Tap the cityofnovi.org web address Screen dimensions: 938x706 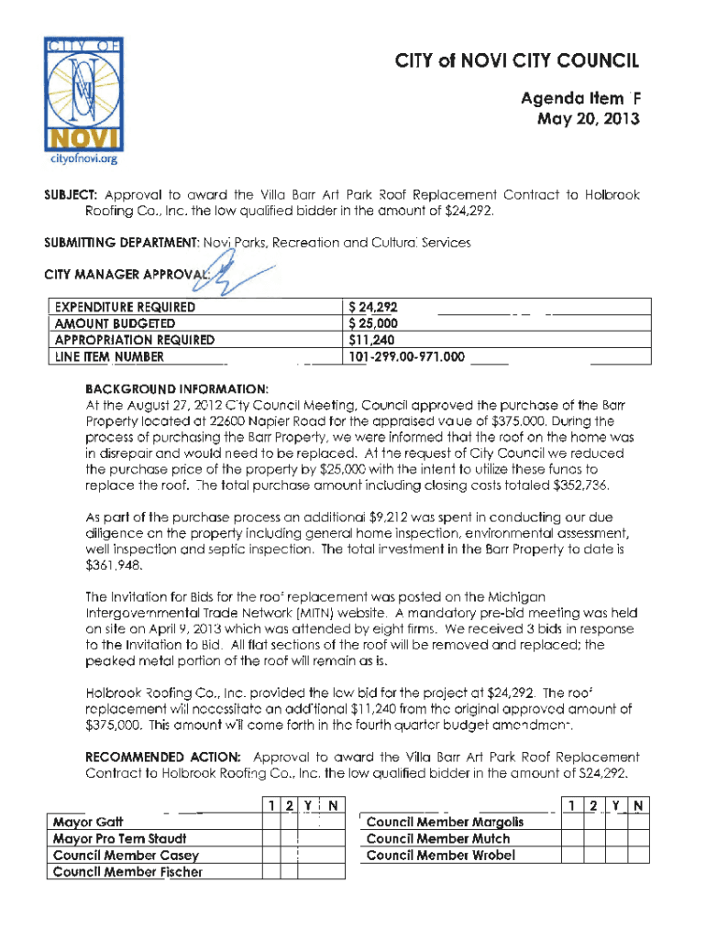coord(82,159)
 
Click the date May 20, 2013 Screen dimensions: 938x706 coord(588,120)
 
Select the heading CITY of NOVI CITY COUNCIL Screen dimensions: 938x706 coord(516,62)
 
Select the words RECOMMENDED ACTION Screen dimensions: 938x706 coord(163,757)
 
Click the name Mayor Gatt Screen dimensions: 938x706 coord(89,822)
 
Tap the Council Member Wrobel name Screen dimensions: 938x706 coord(440,855)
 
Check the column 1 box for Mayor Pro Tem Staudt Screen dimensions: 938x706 coord(272,838)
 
